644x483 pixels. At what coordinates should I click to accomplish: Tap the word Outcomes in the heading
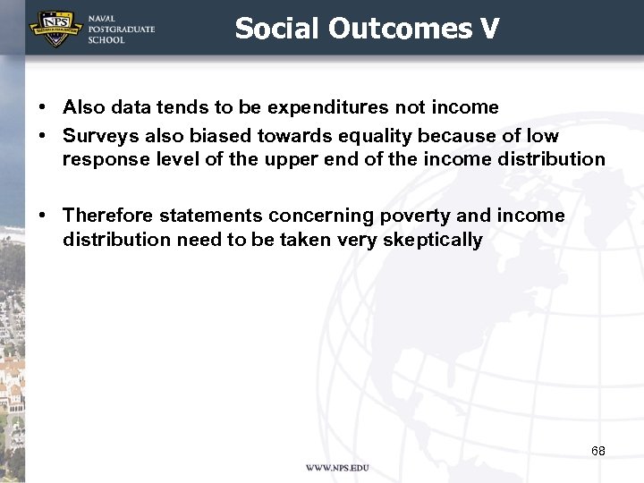(400, 29)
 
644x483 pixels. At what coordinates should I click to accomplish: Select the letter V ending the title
(489, 29)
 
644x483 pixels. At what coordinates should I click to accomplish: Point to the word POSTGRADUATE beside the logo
(121, 30)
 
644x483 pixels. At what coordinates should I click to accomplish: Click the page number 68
(597, 451)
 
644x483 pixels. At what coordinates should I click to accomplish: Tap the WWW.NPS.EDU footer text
(337, 468)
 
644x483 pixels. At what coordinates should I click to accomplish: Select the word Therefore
(106, 216)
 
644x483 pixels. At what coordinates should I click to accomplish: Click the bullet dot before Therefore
(42, 216)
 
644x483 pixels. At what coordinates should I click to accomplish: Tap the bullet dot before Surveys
(42, 136)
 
